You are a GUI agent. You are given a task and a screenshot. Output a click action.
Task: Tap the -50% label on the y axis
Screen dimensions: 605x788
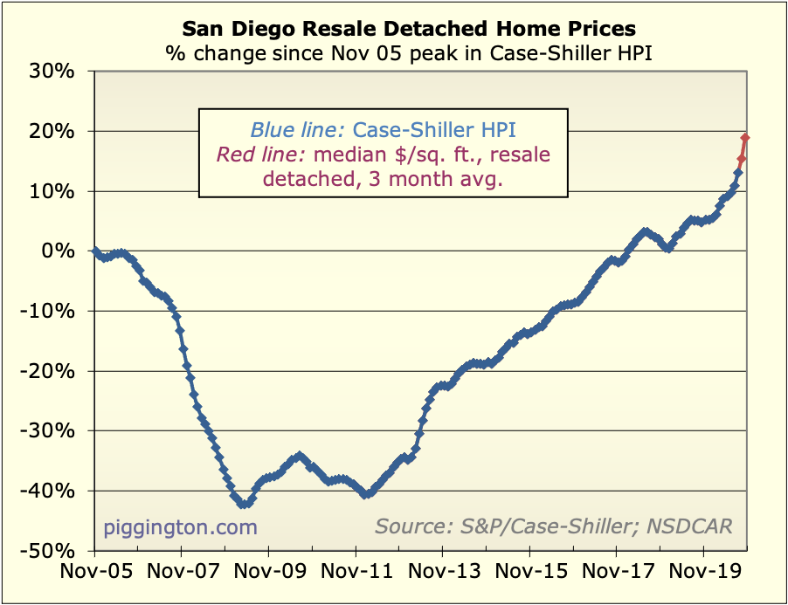click(x=54, y=551)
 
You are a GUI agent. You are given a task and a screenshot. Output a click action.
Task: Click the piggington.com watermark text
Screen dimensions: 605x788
click(x=181, y=527)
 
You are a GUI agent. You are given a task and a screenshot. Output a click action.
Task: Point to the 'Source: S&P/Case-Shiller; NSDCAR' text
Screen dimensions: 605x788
click(x=554, y=526)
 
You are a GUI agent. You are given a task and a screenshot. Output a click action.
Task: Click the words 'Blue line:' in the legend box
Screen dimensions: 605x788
click(x=298, y=131)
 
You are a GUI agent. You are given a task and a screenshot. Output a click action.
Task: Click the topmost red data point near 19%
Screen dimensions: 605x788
click(x=745, y=138)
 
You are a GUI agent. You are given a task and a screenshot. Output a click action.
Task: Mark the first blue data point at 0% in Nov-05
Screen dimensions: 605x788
click(x=94, y=251)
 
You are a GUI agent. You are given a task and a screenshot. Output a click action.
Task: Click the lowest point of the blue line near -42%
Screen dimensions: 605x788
click(x=241, y=504)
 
